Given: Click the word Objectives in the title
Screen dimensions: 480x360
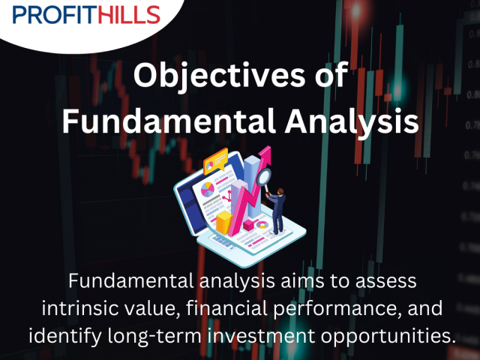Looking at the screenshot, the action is pos(219,76).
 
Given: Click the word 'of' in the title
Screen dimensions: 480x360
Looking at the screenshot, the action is pos(331,75).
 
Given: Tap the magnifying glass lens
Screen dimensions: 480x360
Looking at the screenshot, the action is pos(263,177).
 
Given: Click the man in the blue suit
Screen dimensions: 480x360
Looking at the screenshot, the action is pos(277,211).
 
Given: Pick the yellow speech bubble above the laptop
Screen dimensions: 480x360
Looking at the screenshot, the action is pos(215,160).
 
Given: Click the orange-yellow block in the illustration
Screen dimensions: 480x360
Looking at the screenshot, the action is pos(224,222).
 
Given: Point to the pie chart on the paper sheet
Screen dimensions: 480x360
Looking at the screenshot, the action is pos(208,190).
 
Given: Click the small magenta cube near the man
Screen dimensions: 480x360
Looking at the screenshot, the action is pos(248,225).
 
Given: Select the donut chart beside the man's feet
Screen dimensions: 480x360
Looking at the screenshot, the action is pos(262,225).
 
